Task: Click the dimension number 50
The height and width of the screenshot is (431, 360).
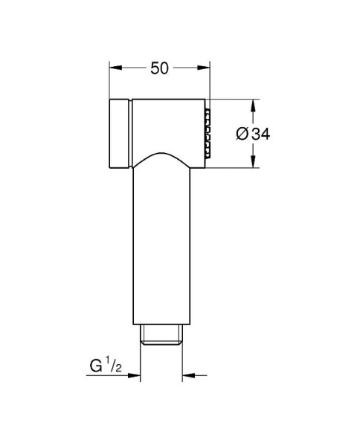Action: click(158, 68)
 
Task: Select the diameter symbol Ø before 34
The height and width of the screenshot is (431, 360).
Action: click(242, 134)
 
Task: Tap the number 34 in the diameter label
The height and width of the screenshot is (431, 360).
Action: click(260, 134)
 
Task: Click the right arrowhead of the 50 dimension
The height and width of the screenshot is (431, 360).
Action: click(206, 68)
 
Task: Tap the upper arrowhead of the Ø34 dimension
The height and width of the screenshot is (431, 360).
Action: click(251, 103)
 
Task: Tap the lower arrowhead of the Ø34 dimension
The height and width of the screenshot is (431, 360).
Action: click(251, 164)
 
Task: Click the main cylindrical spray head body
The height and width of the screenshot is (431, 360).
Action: click(167, 123)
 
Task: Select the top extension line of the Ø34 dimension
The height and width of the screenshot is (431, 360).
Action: click(234, 98)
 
